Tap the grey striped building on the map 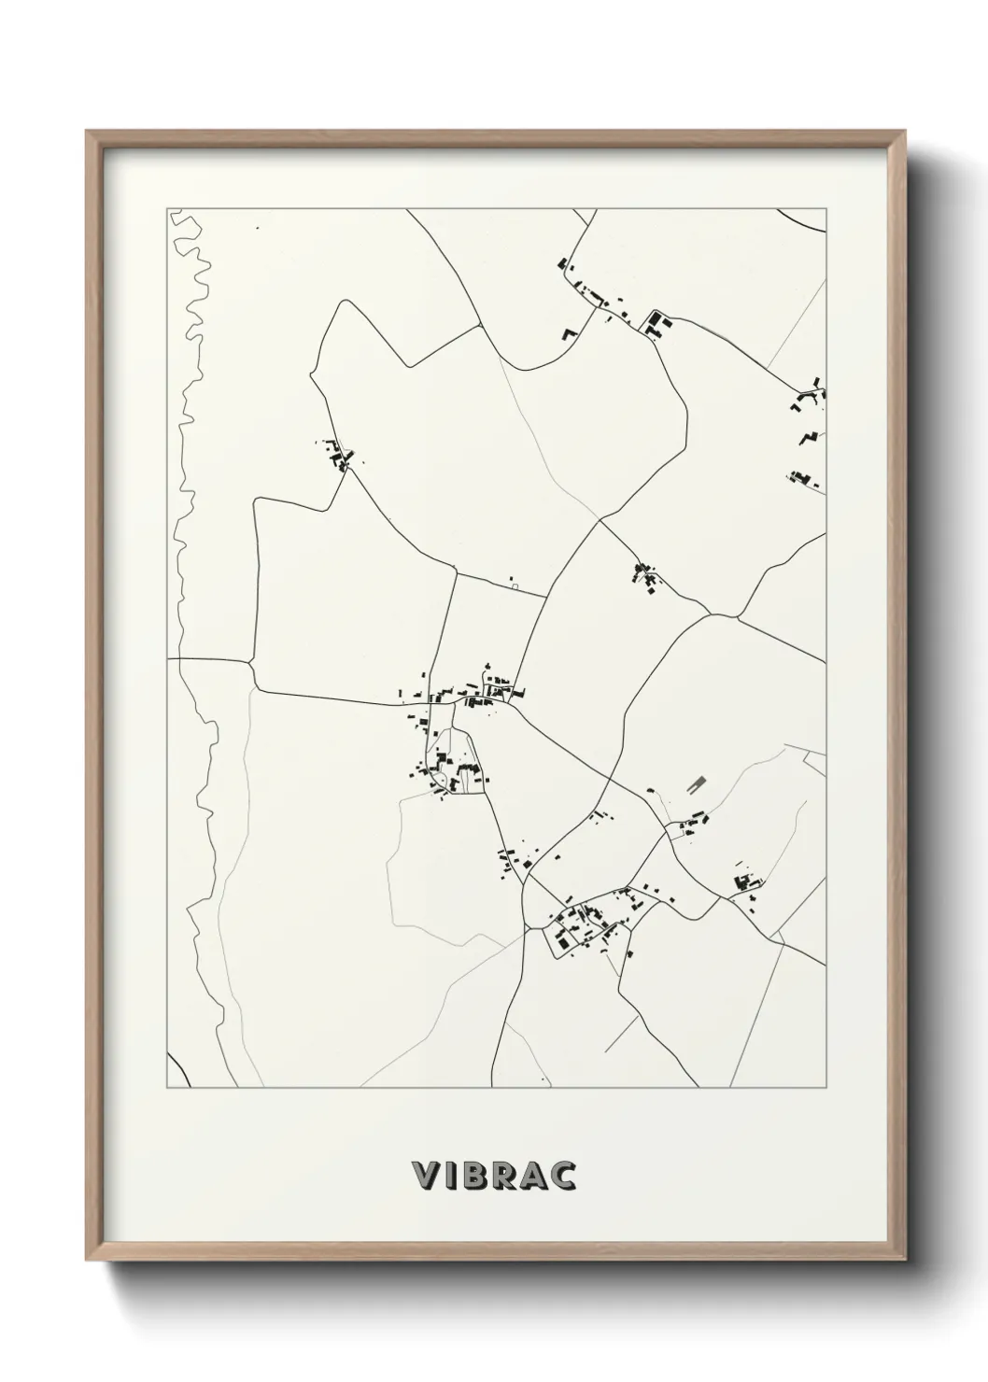pyautogui.click(x=694, y=786)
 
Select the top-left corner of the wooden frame pyautogui.click(x=89, y=134)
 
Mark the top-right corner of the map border pyautogui.click(x=826, y=209)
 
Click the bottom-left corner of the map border pyautogui.click(x=168, y=1087)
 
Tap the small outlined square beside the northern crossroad pyautogui.click(x=514, y=586)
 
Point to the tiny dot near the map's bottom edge pyautogui.click(x=543, y=1077)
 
